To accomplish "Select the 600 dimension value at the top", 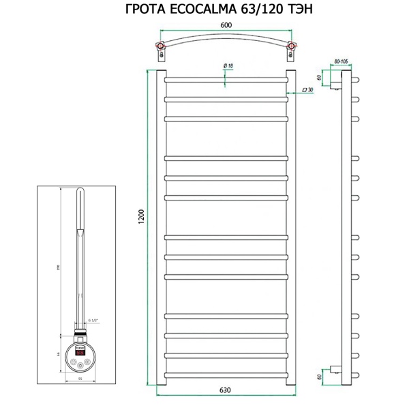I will [x=226, y=25].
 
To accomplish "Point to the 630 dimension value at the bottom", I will [x=225, y=390].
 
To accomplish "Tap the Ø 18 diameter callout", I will [x=228, y=65].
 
